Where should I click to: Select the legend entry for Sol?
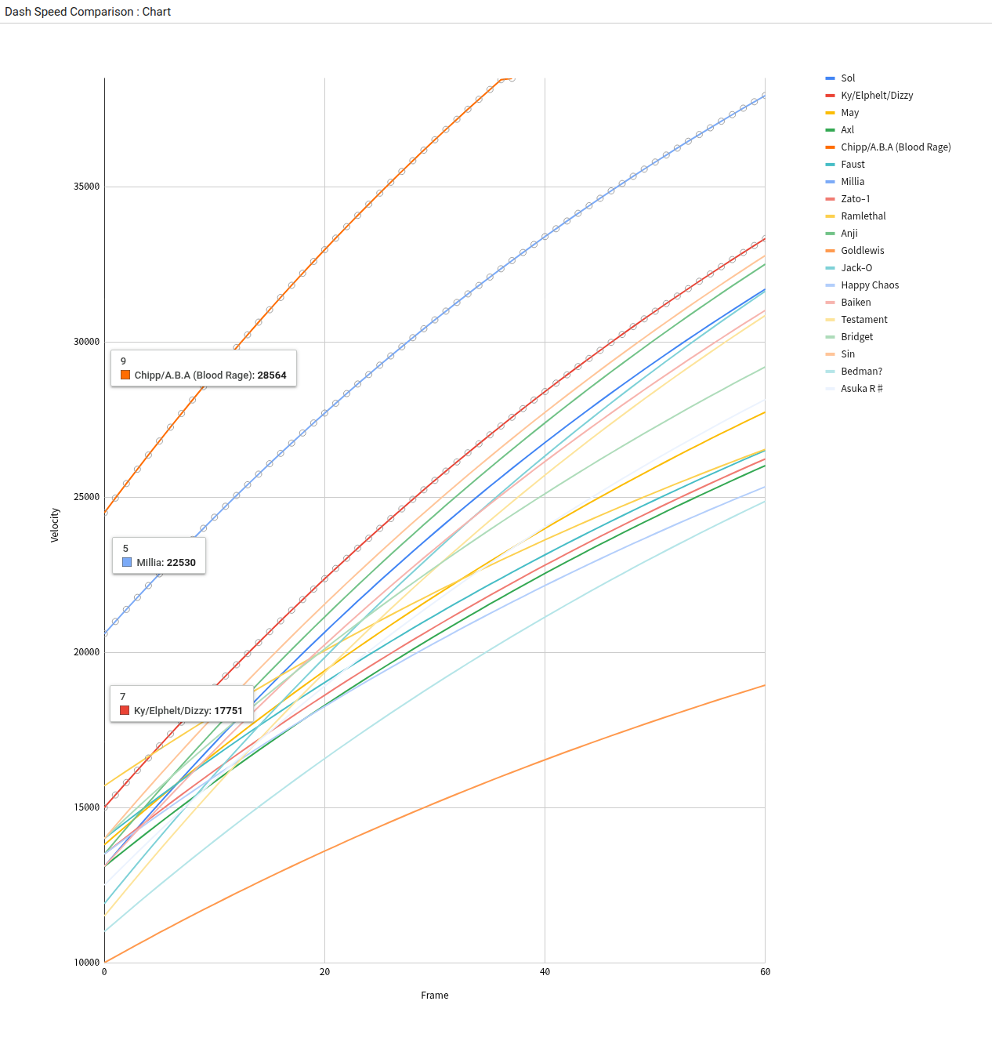847,78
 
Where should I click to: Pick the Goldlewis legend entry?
862,251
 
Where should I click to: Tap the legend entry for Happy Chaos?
869,285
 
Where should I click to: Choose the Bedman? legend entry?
861,372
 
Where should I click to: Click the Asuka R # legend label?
861,389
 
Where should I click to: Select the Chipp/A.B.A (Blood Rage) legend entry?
895,147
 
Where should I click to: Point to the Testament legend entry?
863,320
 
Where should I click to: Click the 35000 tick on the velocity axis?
87,187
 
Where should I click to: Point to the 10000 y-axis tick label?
87,963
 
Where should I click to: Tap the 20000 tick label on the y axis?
87,652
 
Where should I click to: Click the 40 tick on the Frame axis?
545,972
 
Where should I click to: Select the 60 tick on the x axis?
765,972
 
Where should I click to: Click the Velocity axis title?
55,525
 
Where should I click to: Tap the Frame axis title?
435,996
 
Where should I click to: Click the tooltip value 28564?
272,375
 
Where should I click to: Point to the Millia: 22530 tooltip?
159,556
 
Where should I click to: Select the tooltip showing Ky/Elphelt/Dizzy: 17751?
182,704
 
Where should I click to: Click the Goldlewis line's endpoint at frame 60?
765,685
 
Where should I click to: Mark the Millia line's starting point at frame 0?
105,633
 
